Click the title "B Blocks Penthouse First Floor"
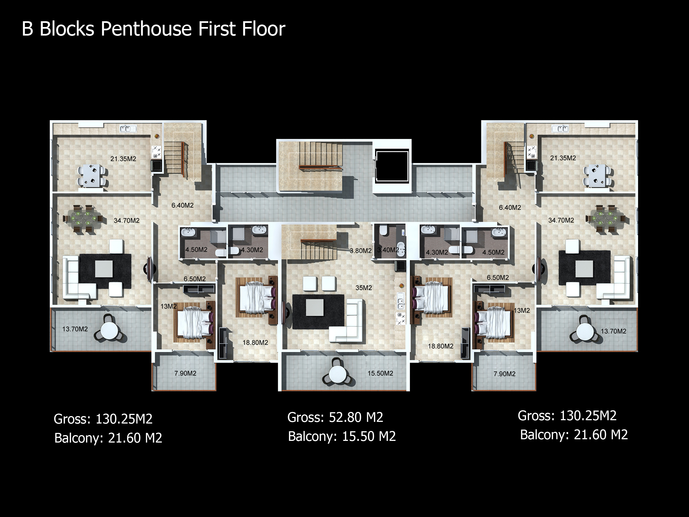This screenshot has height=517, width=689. (153, 29)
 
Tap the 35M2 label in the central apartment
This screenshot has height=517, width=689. (364, 288)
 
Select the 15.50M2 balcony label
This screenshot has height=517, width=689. (380, 373)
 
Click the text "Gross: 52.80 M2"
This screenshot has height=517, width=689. (335, 417)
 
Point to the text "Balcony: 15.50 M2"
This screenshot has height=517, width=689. (342, 436)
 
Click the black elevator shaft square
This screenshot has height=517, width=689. (392, 166)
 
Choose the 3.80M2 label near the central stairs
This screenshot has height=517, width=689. (361, 251)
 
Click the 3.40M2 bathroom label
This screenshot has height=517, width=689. (388, 250)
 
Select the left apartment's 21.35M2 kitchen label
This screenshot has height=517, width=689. (123, 159)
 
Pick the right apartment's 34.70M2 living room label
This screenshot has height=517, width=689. (561, 220)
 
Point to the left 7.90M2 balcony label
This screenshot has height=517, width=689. (185, 373)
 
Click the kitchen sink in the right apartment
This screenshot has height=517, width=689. (560, 128)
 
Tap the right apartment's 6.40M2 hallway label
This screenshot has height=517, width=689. (510, 207)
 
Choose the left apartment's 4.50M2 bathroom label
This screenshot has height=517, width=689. (196, 250)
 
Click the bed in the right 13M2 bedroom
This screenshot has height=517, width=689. (494, 322)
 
